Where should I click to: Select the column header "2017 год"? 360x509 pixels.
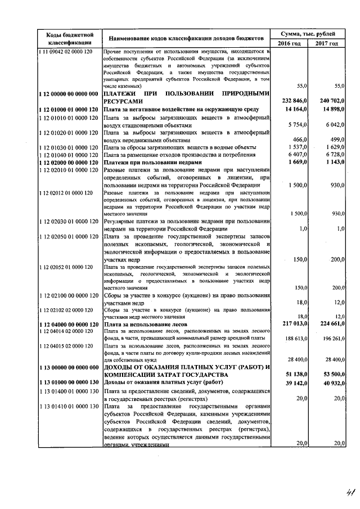point(327,43)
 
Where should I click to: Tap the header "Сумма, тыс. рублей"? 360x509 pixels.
point(309,34)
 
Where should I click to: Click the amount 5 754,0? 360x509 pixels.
point(297,124)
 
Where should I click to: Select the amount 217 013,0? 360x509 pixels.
point(294,325)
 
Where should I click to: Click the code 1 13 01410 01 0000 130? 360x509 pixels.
point(68,406)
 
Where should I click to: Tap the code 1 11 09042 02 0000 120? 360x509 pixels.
point(68,52)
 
